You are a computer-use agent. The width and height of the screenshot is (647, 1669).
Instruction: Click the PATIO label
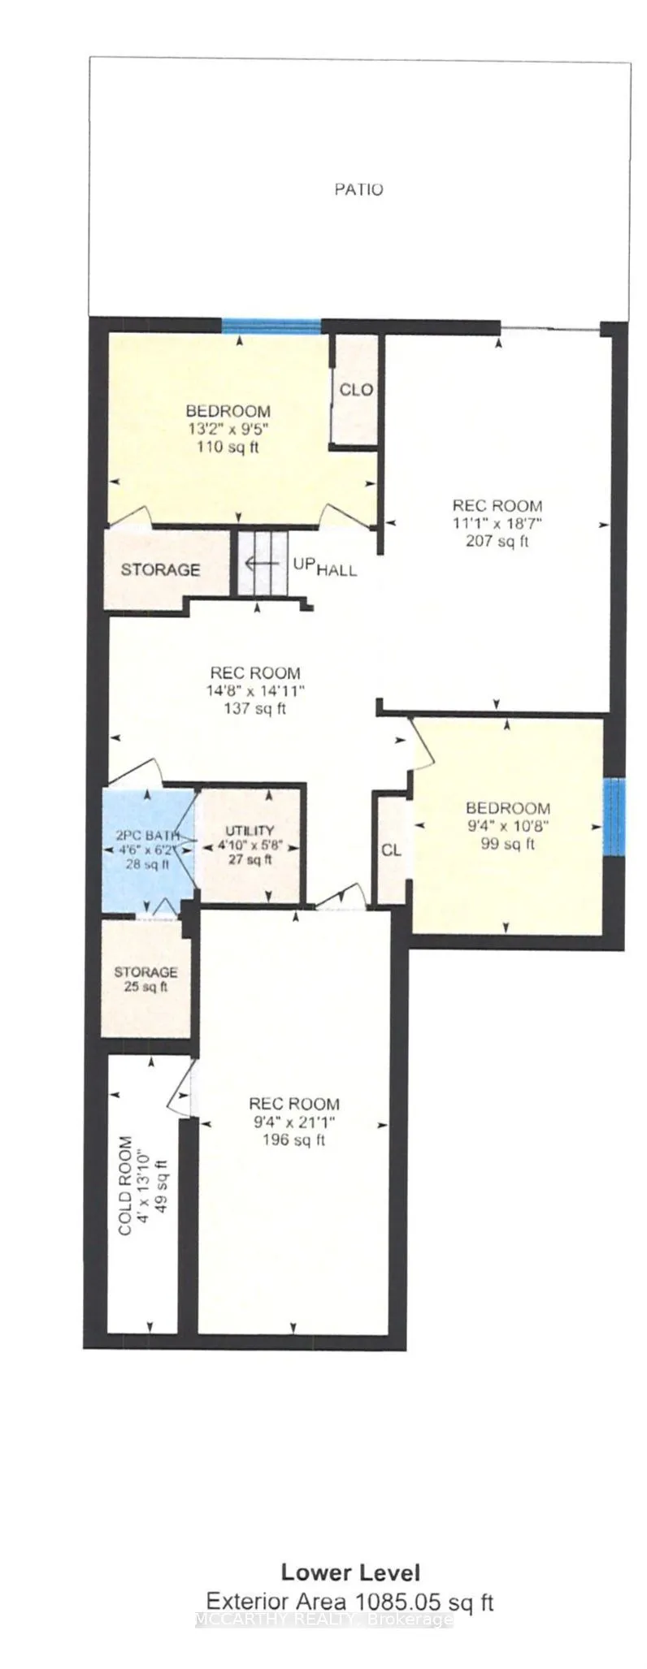click(x=358, y=189)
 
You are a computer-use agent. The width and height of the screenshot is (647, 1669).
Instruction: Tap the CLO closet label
click(x=356, y=390)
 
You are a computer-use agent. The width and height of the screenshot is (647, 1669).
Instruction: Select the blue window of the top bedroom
click(x=271, y=326)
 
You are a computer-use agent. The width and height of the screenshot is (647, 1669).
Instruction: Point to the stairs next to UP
click(x=262, y=563)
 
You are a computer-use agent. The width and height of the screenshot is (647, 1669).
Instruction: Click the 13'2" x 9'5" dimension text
click(x=228, y=429)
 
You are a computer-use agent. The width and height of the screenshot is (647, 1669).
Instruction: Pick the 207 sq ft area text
click(x=497, y=541)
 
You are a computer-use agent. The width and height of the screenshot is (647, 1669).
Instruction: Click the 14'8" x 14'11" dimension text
click(x=255, y=691)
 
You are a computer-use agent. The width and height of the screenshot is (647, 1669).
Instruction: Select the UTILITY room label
click(x=250, y=830)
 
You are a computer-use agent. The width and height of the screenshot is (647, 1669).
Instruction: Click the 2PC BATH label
click(x=146, y=835)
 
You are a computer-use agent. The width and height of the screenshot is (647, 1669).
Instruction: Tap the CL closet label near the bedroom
click(x=391, y=850)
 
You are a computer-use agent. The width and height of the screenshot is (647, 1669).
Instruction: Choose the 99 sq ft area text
click(x=506, y=844)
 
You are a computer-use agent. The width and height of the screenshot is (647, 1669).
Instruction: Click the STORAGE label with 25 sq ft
click(x=145, y=972)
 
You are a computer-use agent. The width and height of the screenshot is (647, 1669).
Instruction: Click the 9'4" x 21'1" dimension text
click(x=293, y=1122)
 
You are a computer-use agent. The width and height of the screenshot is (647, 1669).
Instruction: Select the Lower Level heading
click(x=350, y=1572)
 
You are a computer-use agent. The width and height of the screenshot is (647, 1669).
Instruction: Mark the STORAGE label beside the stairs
click(x=160, y=569)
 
